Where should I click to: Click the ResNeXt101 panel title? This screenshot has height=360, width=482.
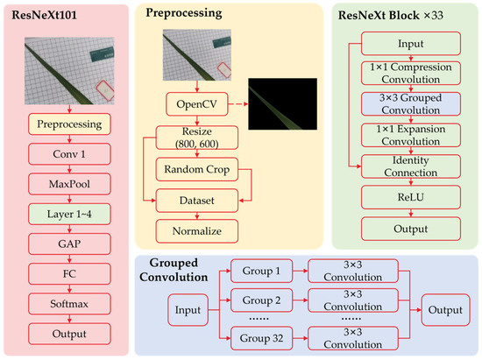click(x=45, y=15)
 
